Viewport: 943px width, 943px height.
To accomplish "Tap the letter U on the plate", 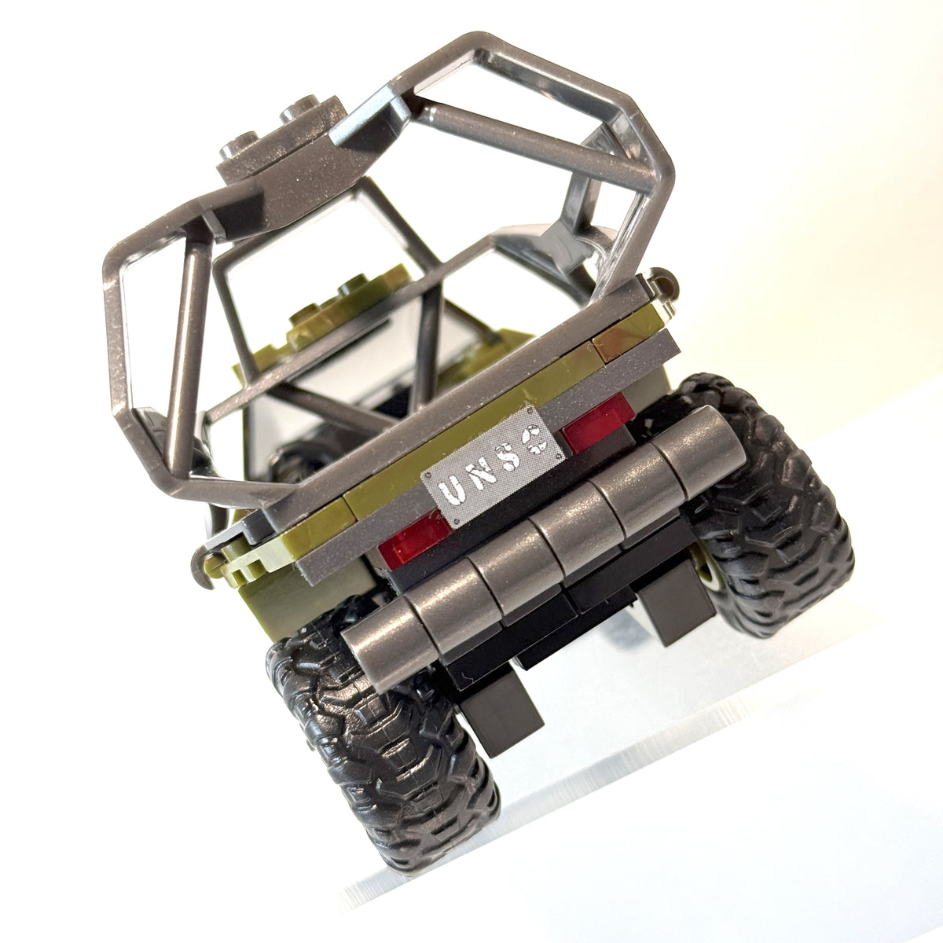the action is (449, 490).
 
